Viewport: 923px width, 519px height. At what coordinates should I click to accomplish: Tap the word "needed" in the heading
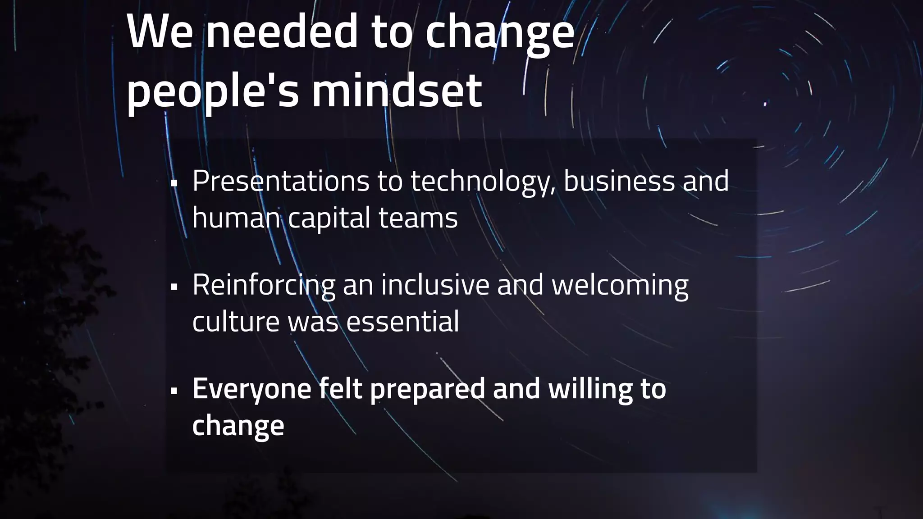(282, 32)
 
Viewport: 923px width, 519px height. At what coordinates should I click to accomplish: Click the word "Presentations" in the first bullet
(281, 181)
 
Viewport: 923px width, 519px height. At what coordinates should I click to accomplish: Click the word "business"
(619, 181)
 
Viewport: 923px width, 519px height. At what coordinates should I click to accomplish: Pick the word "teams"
(418, 218)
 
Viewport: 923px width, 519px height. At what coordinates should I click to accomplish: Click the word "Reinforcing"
(264, 285)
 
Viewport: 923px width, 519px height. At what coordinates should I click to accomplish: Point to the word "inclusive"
(435, 285)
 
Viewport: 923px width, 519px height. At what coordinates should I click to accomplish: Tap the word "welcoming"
(620, 285)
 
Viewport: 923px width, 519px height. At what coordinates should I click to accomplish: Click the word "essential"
(402, 322)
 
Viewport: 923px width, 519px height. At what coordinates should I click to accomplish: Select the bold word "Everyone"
(251, 389)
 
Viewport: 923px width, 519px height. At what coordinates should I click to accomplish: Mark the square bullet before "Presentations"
(174, 183)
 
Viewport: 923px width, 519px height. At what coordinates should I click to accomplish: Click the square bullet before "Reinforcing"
(174, 287)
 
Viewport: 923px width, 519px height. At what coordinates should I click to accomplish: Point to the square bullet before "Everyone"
(174, 391)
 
